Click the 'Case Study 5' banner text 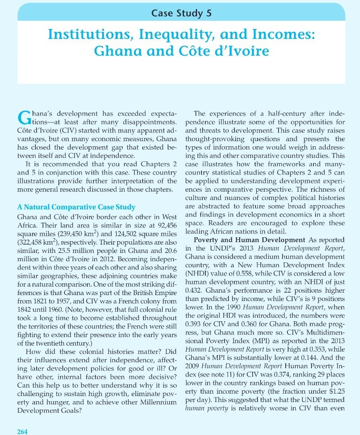click(181, 13)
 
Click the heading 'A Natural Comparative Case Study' click(77, 207)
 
